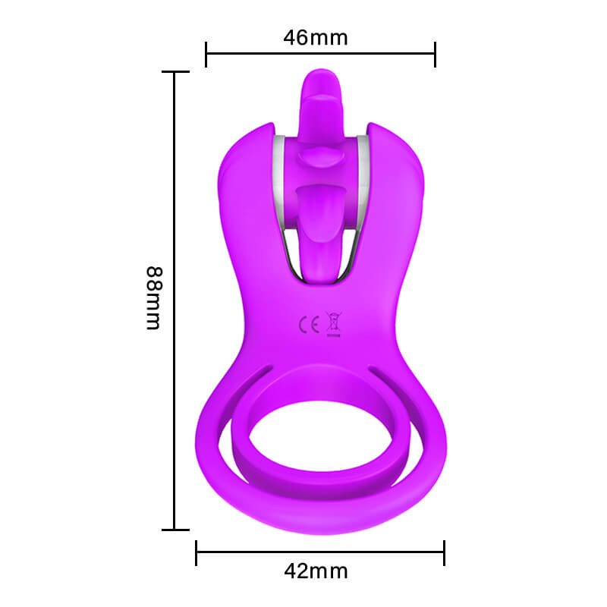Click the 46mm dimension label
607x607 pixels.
click(316, 38)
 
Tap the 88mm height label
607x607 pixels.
click(154, 298)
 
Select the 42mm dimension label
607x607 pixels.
click(316, 571)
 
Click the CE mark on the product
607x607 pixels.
click(310, 325)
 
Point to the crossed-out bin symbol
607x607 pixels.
click(334, 324)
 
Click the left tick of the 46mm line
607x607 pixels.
click(206, 54)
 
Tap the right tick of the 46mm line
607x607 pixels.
click(435, 54)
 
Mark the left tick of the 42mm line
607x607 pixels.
click(197, 553)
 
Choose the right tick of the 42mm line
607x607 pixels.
click(444, 553)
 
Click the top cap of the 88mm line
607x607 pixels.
click(175, 71)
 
